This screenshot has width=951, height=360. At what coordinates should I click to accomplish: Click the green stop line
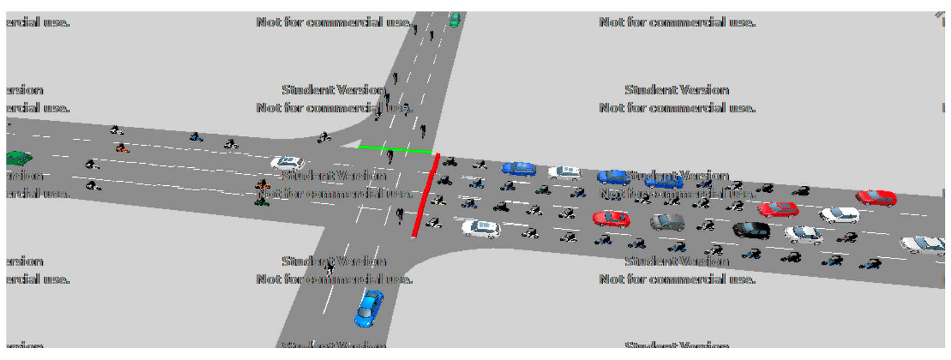coord(395,149)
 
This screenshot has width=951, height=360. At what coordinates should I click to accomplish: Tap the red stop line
coord(426,196)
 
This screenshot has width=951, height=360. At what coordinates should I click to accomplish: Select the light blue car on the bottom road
coord(369,308)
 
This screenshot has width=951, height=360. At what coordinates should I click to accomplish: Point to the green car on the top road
coord(454,20)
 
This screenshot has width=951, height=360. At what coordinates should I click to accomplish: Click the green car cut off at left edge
coord(18,158)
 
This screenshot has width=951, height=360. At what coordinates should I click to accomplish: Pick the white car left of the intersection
coord(287,163)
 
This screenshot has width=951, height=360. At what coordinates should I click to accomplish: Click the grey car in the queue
coord(667,222)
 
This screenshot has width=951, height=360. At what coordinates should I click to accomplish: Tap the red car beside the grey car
coord(611,218)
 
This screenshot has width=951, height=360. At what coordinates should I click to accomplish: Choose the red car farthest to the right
coord(876,198)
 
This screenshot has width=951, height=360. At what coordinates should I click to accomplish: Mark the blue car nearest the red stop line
coord(519,169)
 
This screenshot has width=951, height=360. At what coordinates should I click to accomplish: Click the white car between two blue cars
coord(565,172)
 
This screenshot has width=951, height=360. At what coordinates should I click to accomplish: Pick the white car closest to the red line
coord(480,229)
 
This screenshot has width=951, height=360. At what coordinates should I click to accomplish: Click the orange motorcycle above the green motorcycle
coord(263,185)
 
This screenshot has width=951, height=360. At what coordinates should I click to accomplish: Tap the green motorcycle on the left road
coord(262,201)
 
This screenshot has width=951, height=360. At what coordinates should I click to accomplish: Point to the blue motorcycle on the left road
coord(196,137)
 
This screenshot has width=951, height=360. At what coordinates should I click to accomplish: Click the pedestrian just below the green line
coord(390,157)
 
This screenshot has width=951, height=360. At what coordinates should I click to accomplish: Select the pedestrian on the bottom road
coord(329,269)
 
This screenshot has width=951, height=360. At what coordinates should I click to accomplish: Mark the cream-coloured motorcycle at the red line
coord(438,201)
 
